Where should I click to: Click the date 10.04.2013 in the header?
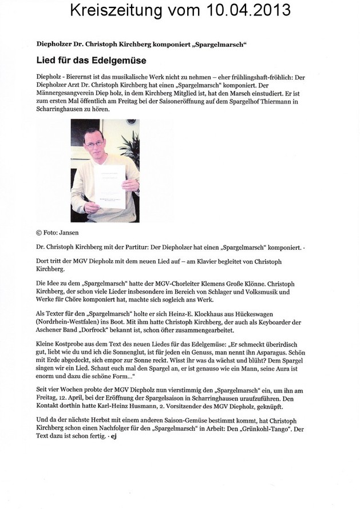pyautogui.click(x=247, y=10)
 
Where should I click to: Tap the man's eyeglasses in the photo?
pyautogui.click(x=94, y=144)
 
